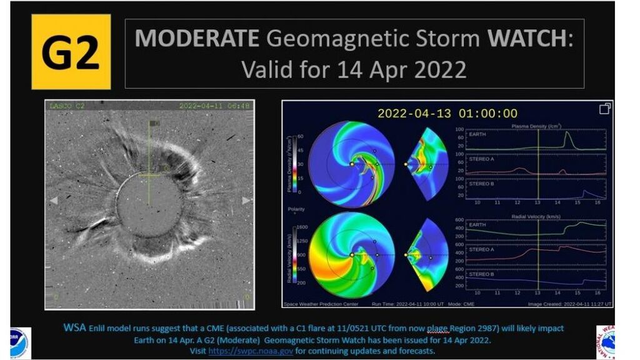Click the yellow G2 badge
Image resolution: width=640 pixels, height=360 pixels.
click(71, 52)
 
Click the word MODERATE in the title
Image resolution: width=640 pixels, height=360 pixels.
click(196, 39)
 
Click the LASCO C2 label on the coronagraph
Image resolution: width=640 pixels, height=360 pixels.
click(67, 106)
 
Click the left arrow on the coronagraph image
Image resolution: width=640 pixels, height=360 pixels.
click(54, 201)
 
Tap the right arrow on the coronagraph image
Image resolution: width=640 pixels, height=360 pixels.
click(246, 201)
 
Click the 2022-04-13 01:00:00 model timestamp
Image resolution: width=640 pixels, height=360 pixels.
click(447, 113)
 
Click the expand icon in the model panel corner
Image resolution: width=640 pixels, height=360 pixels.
click(604, 109)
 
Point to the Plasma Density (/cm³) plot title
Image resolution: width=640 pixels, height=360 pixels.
click(536, 126)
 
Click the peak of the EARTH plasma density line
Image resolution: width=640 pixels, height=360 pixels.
click(567, 132)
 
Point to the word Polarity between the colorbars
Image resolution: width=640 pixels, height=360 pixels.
click(296, 208)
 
